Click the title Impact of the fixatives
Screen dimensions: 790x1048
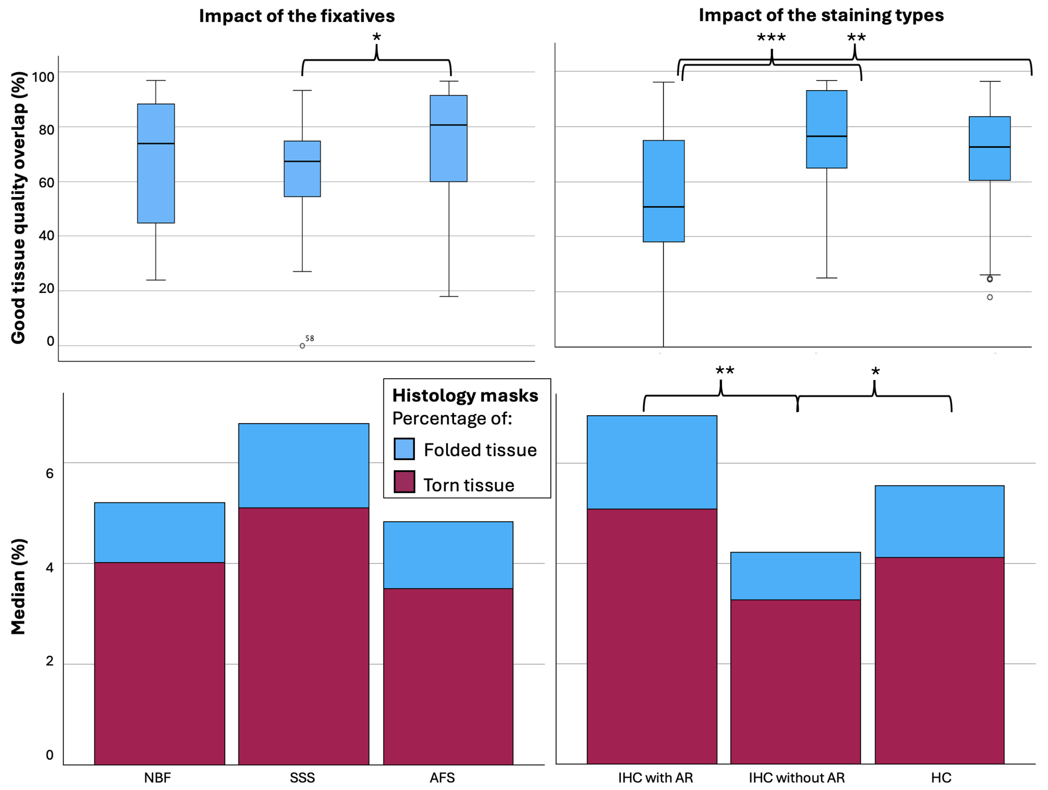click(x=297, y=16)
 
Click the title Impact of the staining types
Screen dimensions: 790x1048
click(x=821, y=15)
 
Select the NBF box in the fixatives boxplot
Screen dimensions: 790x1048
click(x=156, y=163)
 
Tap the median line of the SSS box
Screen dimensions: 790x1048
click(x=302, y=162)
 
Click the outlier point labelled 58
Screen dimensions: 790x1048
click(x=302, y=346)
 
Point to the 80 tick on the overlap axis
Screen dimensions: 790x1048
click(x=46, y=130)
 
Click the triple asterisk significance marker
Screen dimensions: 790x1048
click(x=771, y=38)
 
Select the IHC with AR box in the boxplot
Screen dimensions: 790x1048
click(x=664, y=191)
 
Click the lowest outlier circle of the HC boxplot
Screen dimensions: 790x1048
click(x=990, y=297)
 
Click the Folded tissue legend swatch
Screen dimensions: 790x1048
click(x=404, y=449)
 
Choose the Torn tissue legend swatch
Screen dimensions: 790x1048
click(x=404, y=482)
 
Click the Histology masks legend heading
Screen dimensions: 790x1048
click(x=465, y=396)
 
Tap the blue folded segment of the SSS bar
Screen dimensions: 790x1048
click(x=303, y=465)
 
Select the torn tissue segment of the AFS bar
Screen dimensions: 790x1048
click(x=448, y=676)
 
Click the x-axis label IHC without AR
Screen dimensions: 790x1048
click(x=797, y=778)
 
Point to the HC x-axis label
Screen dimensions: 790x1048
click(x=941, y=778)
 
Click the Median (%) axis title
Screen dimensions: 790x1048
click(x=18, y=587)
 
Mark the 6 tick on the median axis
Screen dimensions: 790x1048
click(x=50, y=473)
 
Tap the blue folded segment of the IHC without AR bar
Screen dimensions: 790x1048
click(x=795, y=576)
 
